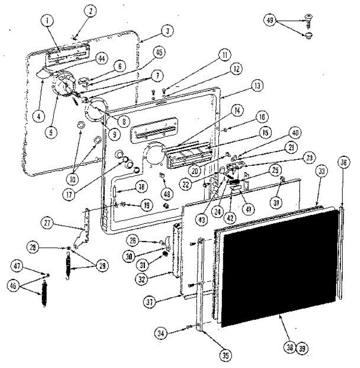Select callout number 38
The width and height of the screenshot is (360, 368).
pyautogui.click(x=290, y=348)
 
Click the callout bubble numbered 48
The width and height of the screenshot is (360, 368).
pyautogui.click(x=167, y=194)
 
